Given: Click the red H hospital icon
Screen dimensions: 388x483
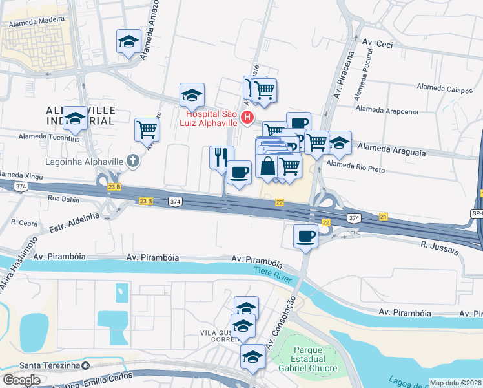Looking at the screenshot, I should tap(246, 117).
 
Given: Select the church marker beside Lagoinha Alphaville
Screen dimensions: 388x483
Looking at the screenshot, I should tap(133, 160).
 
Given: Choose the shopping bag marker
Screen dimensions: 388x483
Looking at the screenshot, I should tap(267, 166).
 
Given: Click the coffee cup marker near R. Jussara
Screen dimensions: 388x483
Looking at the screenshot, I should tap(305, 235).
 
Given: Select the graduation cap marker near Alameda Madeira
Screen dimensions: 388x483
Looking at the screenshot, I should tap(129, 42).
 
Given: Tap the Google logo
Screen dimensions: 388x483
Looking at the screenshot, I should tap(21, 380).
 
